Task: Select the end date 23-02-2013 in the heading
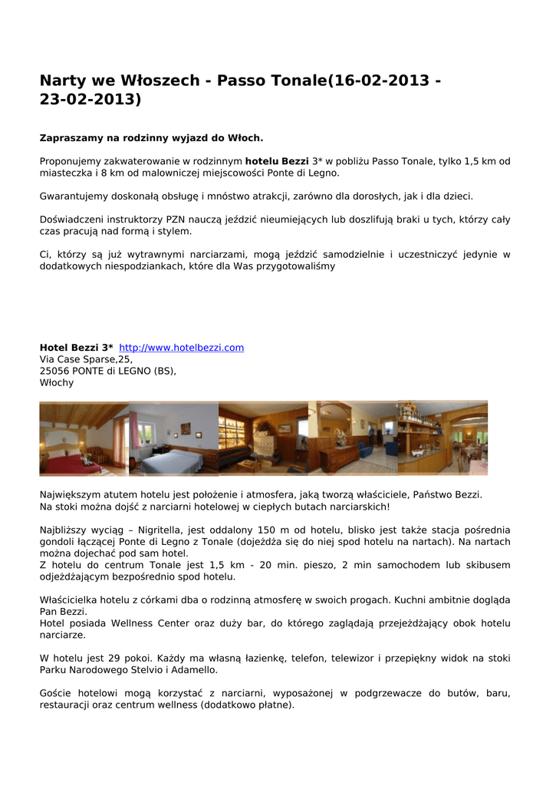(x=90, y=100)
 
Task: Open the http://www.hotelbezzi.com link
(x=181, y=348)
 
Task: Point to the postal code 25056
(x=54, y=371)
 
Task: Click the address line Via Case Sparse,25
(x=86, y=359)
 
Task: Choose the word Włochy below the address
(x=57, y=382)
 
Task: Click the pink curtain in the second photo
(x=133, y=430)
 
